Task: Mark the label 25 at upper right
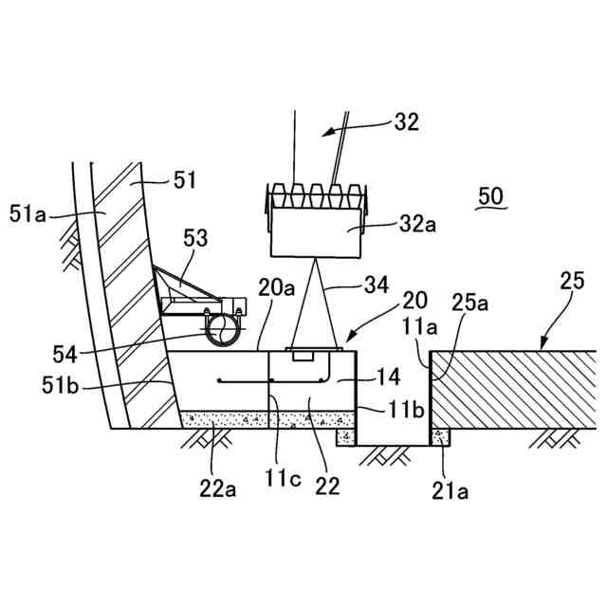point(573,281)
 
